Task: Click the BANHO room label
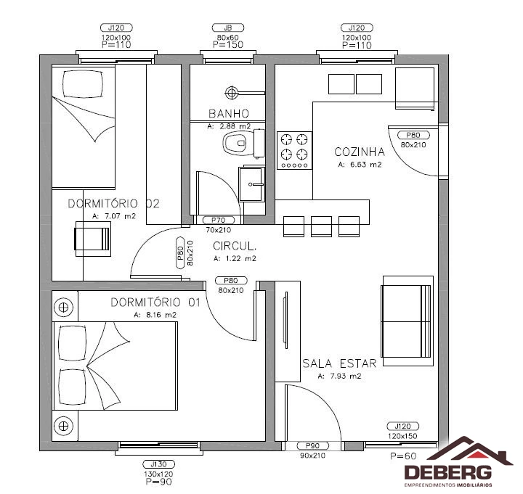coord(229,114)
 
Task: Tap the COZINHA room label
coord(360,152)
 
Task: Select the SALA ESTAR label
coord(339,363)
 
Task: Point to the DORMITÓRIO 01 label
coord(155,302)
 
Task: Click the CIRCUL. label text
coord(235,246)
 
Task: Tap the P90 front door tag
coord(312,445)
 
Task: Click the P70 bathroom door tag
coord(219,220)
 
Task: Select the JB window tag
coord(228,28)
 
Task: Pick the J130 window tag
coord(159,464)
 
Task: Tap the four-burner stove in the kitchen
coord(294,150)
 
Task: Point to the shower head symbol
coord(231,93)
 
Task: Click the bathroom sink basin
coord(252,184)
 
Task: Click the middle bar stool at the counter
coord(321,226)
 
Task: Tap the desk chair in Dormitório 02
coord(93,239)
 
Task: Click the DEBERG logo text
coord(448,473)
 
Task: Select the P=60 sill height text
coord(403,456)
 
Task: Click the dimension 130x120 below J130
coord(159,474)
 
